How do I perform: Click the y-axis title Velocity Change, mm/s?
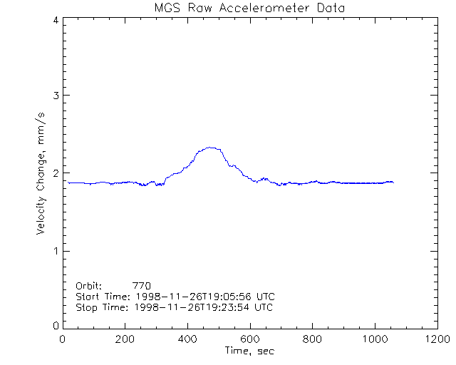click(43, 173)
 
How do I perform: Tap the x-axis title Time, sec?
click(249, 351)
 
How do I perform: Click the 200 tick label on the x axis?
click(125, 339)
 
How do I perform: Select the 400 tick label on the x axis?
click(187, 339)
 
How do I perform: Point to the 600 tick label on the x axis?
click(249, 339)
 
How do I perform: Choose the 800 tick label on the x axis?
click(312, 339)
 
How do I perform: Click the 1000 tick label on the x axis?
click(374, 339)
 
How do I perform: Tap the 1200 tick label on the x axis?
click(436, 339)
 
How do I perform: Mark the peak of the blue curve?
click(210, 148)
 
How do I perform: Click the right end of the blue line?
click(393, 182)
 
